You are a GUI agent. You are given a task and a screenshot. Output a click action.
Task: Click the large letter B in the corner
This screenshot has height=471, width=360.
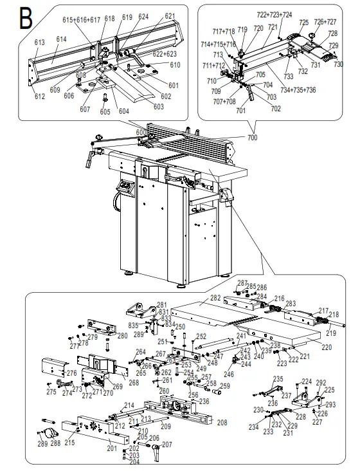click(x=25, y=17)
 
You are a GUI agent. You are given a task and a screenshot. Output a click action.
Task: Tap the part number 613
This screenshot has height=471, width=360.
click(x=39, y=42)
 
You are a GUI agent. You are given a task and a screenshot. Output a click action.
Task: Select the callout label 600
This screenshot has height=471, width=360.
click(x=141, y=133)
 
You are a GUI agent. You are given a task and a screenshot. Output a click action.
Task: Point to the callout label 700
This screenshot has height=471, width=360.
click(x=251, y=138)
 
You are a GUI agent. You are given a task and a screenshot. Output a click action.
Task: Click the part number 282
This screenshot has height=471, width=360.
click(x=213, y=299)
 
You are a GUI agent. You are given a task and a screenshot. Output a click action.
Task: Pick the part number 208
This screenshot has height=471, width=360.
click(x=222, y=423)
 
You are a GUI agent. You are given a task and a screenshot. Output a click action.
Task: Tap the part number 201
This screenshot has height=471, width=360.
click(x=112, y=448)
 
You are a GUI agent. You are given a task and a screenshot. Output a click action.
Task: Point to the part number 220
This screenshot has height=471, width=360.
click(x=327, y=347)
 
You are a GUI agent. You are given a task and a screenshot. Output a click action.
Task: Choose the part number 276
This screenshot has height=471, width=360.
click(x=71, y=373)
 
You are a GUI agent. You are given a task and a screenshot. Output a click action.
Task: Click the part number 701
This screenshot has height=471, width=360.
click(x=241, y=111)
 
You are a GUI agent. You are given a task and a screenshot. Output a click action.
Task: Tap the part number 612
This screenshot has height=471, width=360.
click(x=40, y=97)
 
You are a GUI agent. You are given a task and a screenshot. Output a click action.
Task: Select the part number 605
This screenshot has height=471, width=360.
click(x=105, y=112)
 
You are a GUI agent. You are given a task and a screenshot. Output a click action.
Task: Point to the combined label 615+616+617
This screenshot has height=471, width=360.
click(x=82, y=20)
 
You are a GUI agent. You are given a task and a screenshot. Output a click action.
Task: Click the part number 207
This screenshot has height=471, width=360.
click(x=166, y=445)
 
